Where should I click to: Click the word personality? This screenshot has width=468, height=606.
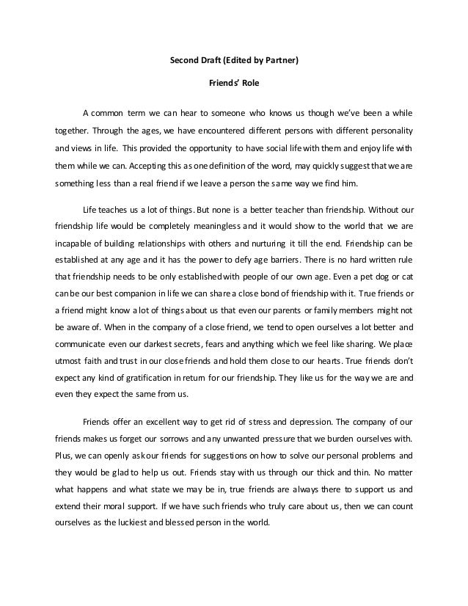pos(389,131)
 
